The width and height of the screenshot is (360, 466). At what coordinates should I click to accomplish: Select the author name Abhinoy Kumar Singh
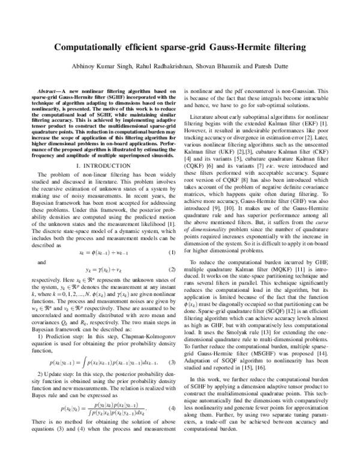pyautogui.click(x=101, y=66)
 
